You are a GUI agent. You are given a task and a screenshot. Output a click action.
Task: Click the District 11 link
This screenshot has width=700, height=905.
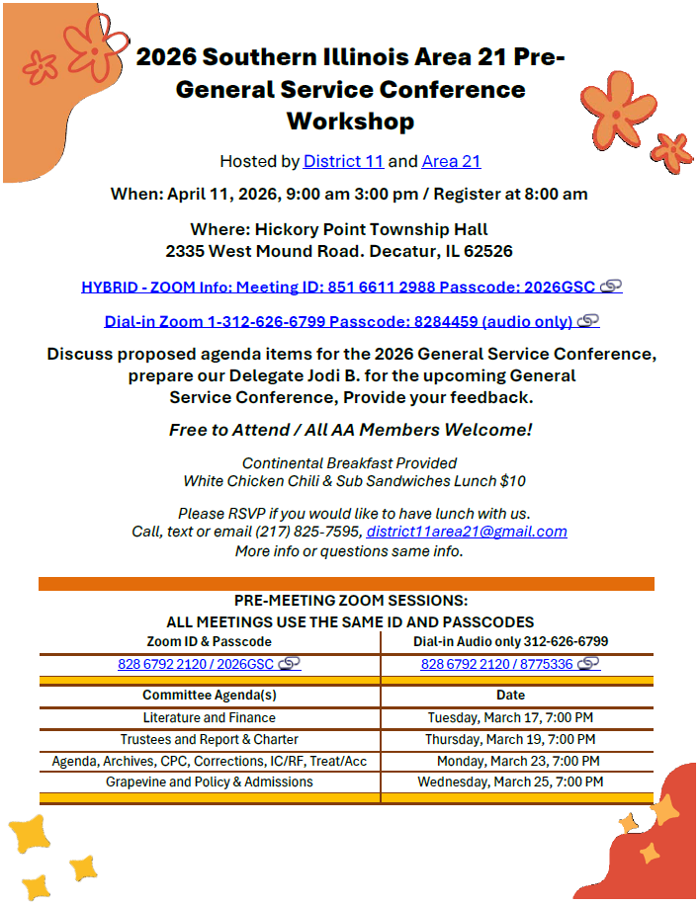point(343,161)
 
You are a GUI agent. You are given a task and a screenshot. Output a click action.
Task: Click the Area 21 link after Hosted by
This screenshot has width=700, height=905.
point(451,161)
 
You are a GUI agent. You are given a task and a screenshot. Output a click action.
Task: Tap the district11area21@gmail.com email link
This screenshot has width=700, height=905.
point(467,532)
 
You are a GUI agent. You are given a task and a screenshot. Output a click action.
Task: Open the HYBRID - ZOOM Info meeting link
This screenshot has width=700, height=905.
point(338,288)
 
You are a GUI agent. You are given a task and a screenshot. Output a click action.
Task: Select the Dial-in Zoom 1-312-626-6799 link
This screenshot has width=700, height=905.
point(338,321)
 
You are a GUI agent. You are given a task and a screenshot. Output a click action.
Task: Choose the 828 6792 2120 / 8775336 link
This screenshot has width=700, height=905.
point(496,664)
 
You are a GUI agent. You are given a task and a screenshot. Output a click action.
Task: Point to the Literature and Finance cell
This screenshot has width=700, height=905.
point(210,717)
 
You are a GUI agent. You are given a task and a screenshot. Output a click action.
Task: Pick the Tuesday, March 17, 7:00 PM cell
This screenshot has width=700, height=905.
point(510,717)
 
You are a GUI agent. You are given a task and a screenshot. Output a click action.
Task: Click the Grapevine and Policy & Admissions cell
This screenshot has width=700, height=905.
point(210,782)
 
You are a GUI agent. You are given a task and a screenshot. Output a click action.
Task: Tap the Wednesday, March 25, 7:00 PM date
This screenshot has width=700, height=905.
point(510,782)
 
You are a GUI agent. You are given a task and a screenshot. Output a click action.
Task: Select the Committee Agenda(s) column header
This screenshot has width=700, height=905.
point(210,695)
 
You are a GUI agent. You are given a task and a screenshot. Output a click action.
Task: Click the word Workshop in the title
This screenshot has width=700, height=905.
point(350,122)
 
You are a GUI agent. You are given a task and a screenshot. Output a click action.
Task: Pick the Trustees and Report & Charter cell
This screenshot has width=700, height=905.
point(210,739)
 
